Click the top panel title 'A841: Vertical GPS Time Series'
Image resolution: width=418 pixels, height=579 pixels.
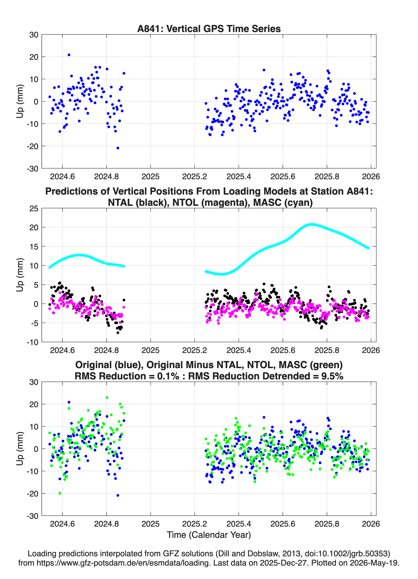pyautogui.click(x=209, y=29)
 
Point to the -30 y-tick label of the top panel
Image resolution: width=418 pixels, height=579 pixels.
pyautogui.click(x=32, y=169)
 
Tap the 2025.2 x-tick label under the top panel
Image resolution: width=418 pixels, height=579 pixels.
pyautogui.click(x=194, y=177)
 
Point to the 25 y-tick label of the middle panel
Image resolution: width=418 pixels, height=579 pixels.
pyautogui.click(x=34, y=209)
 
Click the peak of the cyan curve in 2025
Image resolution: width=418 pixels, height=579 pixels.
pyautogui.click(x=312, y=225)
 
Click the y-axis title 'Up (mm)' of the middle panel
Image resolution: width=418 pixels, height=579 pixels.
pyautogui.click(x=20, y=275)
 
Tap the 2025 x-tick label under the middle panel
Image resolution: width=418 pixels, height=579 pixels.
pyautogui.click(x=150, y=350)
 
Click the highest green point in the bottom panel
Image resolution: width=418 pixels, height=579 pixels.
pyautogui.click(x=107, y=397)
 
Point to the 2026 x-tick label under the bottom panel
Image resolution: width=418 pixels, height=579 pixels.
pyautogui.click(x=371, y=524)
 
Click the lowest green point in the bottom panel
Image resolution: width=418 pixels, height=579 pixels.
pyautogui.click(x=60, y=493)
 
